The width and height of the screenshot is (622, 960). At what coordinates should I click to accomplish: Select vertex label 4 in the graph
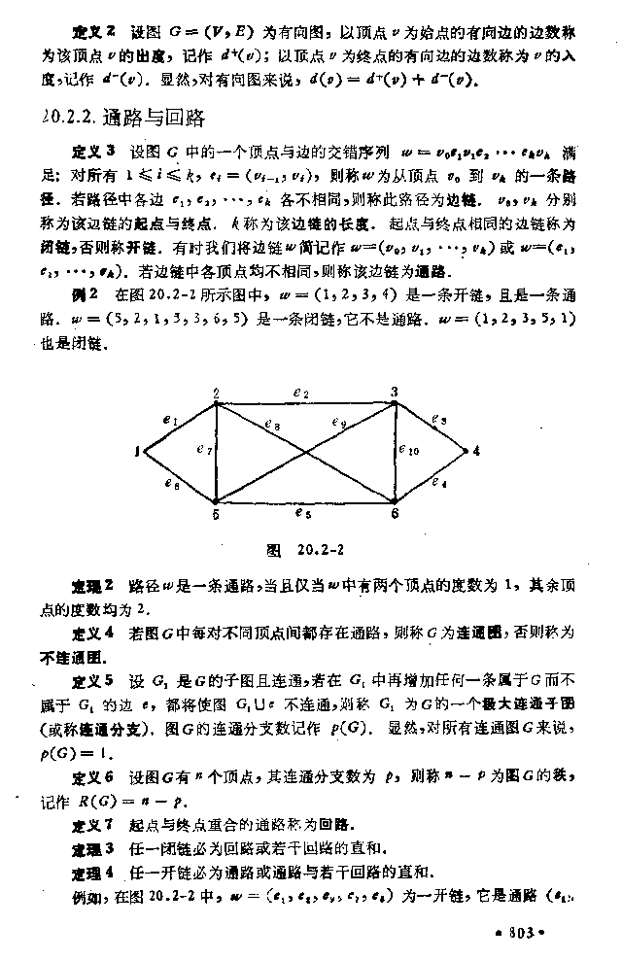click(476, 450)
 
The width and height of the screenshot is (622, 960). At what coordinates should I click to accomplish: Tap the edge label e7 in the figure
click(202, 450)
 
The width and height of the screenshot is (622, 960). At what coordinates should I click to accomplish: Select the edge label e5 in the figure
click(306, 513)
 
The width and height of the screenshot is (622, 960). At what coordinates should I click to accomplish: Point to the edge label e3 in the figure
click(439, 420)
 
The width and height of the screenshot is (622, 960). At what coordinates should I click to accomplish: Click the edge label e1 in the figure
click(170, 421)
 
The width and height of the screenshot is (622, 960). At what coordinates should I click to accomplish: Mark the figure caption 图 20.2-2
click(306, 552)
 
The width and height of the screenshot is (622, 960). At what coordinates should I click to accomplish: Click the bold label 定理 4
click(93, 870)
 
